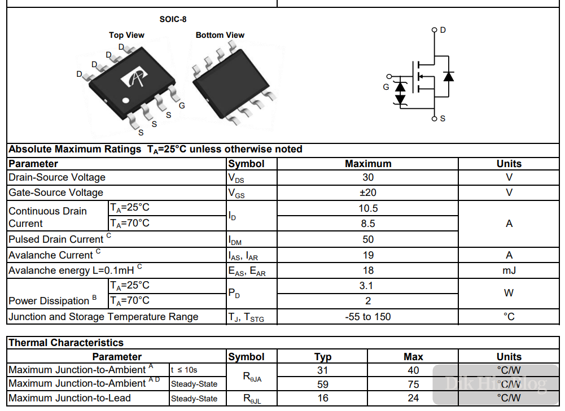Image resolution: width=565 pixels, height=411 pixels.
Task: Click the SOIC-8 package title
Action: coord(173,19)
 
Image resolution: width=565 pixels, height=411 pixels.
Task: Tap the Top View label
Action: coord(126,35)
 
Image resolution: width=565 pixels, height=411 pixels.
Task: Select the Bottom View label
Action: coord(220,35)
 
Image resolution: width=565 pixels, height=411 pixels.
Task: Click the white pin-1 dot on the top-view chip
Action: coord(126,102)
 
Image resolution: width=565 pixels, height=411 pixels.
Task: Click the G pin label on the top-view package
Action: coord(182,106)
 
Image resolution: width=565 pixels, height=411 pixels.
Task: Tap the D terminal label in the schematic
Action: coord(443,29)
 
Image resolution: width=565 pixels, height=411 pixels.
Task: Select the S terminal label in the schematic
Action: coord(443,119)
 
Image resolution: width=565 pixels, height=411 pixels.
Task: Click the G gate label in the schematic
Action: coord(386,87)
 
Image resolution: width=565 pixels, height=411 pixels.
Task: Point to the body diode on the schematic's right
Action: coord(449,76)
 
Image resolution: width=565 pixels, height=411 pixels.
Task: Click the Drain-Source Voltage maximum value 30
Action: coord(368,177)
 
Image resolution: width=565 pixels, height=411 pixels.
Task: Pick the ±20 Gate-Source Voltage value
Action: coord(368,193)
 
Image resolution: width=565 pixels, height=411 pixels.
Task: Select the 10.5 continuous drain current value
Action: coord(368,208)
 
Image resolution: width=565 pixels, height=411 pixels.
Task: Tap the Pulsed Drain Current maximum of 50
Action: coord(368,239)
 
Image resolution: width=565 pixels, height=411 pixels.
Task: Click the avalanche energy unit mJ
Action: coord(509,270)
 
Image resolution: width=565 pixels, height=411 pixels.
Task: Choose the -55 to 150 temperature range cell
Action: coord(368,317)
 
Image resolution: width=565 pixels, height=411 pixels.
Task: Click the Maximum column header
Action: coord(368,164)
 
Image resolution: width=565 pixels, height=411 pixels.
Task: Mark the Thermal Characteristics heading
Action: coord(66,343)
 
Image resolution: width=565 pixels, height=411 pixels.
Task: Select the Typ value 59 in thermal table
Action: coord(322,384)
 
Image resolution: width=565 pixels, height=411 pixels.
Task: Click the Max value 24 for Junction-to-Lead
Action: coord(413,398)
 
